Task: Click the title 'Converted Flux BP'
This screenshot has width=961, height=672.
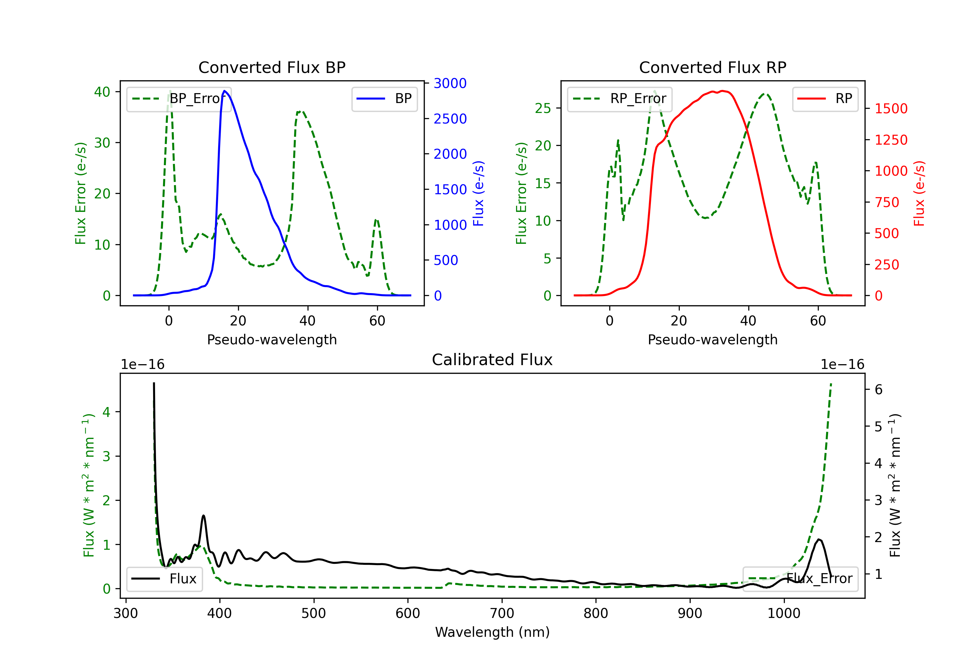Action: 272,67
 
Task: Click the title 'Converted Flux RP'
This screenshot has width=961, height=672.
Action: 712,67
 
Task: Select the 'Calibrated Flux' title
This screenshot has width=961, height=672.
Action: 492,360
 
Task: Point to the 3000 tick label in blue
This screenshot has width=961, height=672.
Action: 450,83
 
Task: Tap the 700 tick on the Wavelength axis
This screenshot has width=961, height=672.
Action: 501,613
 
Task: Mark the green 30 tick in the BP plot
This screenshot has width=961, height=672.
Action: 102,143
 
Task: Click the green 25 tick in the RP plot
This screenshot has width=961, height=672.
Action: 543,108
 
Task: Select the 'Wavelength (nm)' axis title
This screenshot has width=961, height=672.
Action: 492,632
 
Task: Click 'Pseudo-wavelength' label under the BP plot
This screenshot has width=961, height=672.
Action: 272,340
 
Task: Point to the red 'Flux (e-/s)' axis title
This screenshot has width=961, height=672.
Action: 919,193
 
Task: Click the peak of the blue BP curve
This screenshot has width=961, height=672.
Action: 225,91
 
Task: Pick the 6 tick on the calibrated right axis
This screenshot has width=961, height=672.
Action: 879,390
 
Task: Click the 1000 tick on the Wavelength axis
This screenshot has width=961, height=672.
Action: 784,613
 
